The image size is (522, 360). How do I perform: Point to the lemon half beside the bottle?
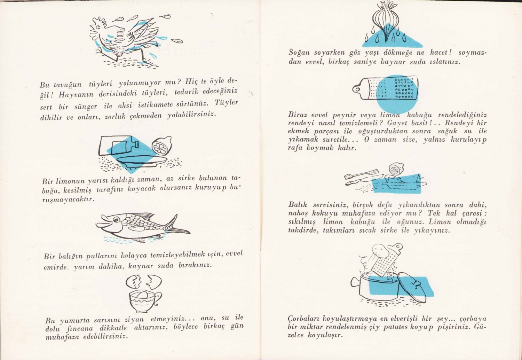(162, 146)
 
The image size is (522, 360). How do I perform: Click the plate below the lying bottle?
(142, 161)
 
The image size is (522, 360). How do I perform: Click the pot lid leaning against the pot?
(412, 288)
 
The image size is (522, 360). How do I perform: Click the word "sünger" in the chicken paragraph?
(86, 107)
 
